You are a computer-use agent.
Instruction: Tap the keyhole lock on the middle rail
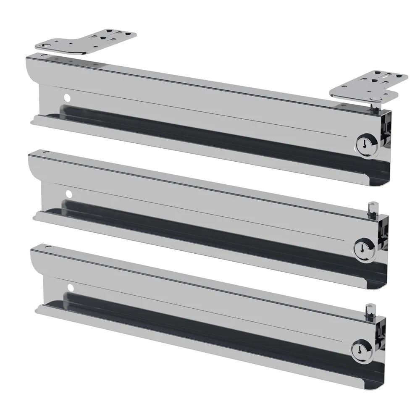[361, 248]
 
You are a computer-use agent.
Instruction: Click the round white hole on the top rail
[66, 97]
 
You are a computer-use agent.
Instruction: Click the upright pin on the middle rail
[370, 207]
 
